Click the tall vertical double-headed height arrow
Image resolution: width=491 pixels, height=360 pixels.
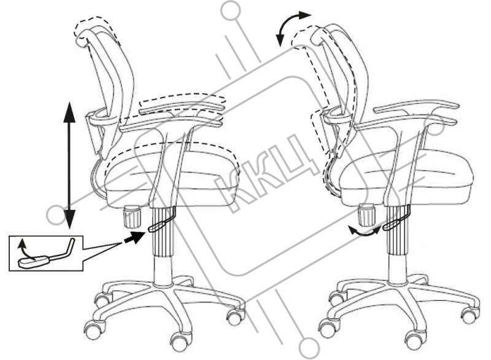coord(69,165)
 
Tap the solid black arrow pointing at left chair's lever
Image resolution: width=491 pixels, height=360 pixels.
coord(135,237)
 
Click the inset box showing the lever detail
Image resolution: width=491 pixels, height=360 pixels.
coord(46,253)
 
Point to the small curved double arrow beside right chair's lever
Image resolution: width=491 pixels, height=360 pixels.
coord(365,231)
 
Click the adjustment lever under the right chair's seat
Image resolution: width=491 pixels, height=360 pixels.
coord(396,218)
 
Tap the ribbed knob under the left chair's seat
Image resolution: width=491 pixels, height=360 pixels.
coord(132,216)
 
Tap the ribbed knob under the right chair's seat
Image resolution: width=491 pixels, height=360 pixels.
coord(366,214)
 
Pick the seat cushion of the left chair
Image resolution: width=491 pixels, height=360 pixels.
coord(172,182)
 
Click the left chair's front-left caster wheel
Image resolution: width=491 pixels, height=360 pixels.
coord(94,331)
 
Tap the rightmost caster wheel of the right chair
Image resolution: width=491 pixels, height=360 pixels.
coord(470,315)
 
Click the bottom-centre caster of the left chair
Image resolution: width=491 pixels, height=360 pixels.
coord(180,342)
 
